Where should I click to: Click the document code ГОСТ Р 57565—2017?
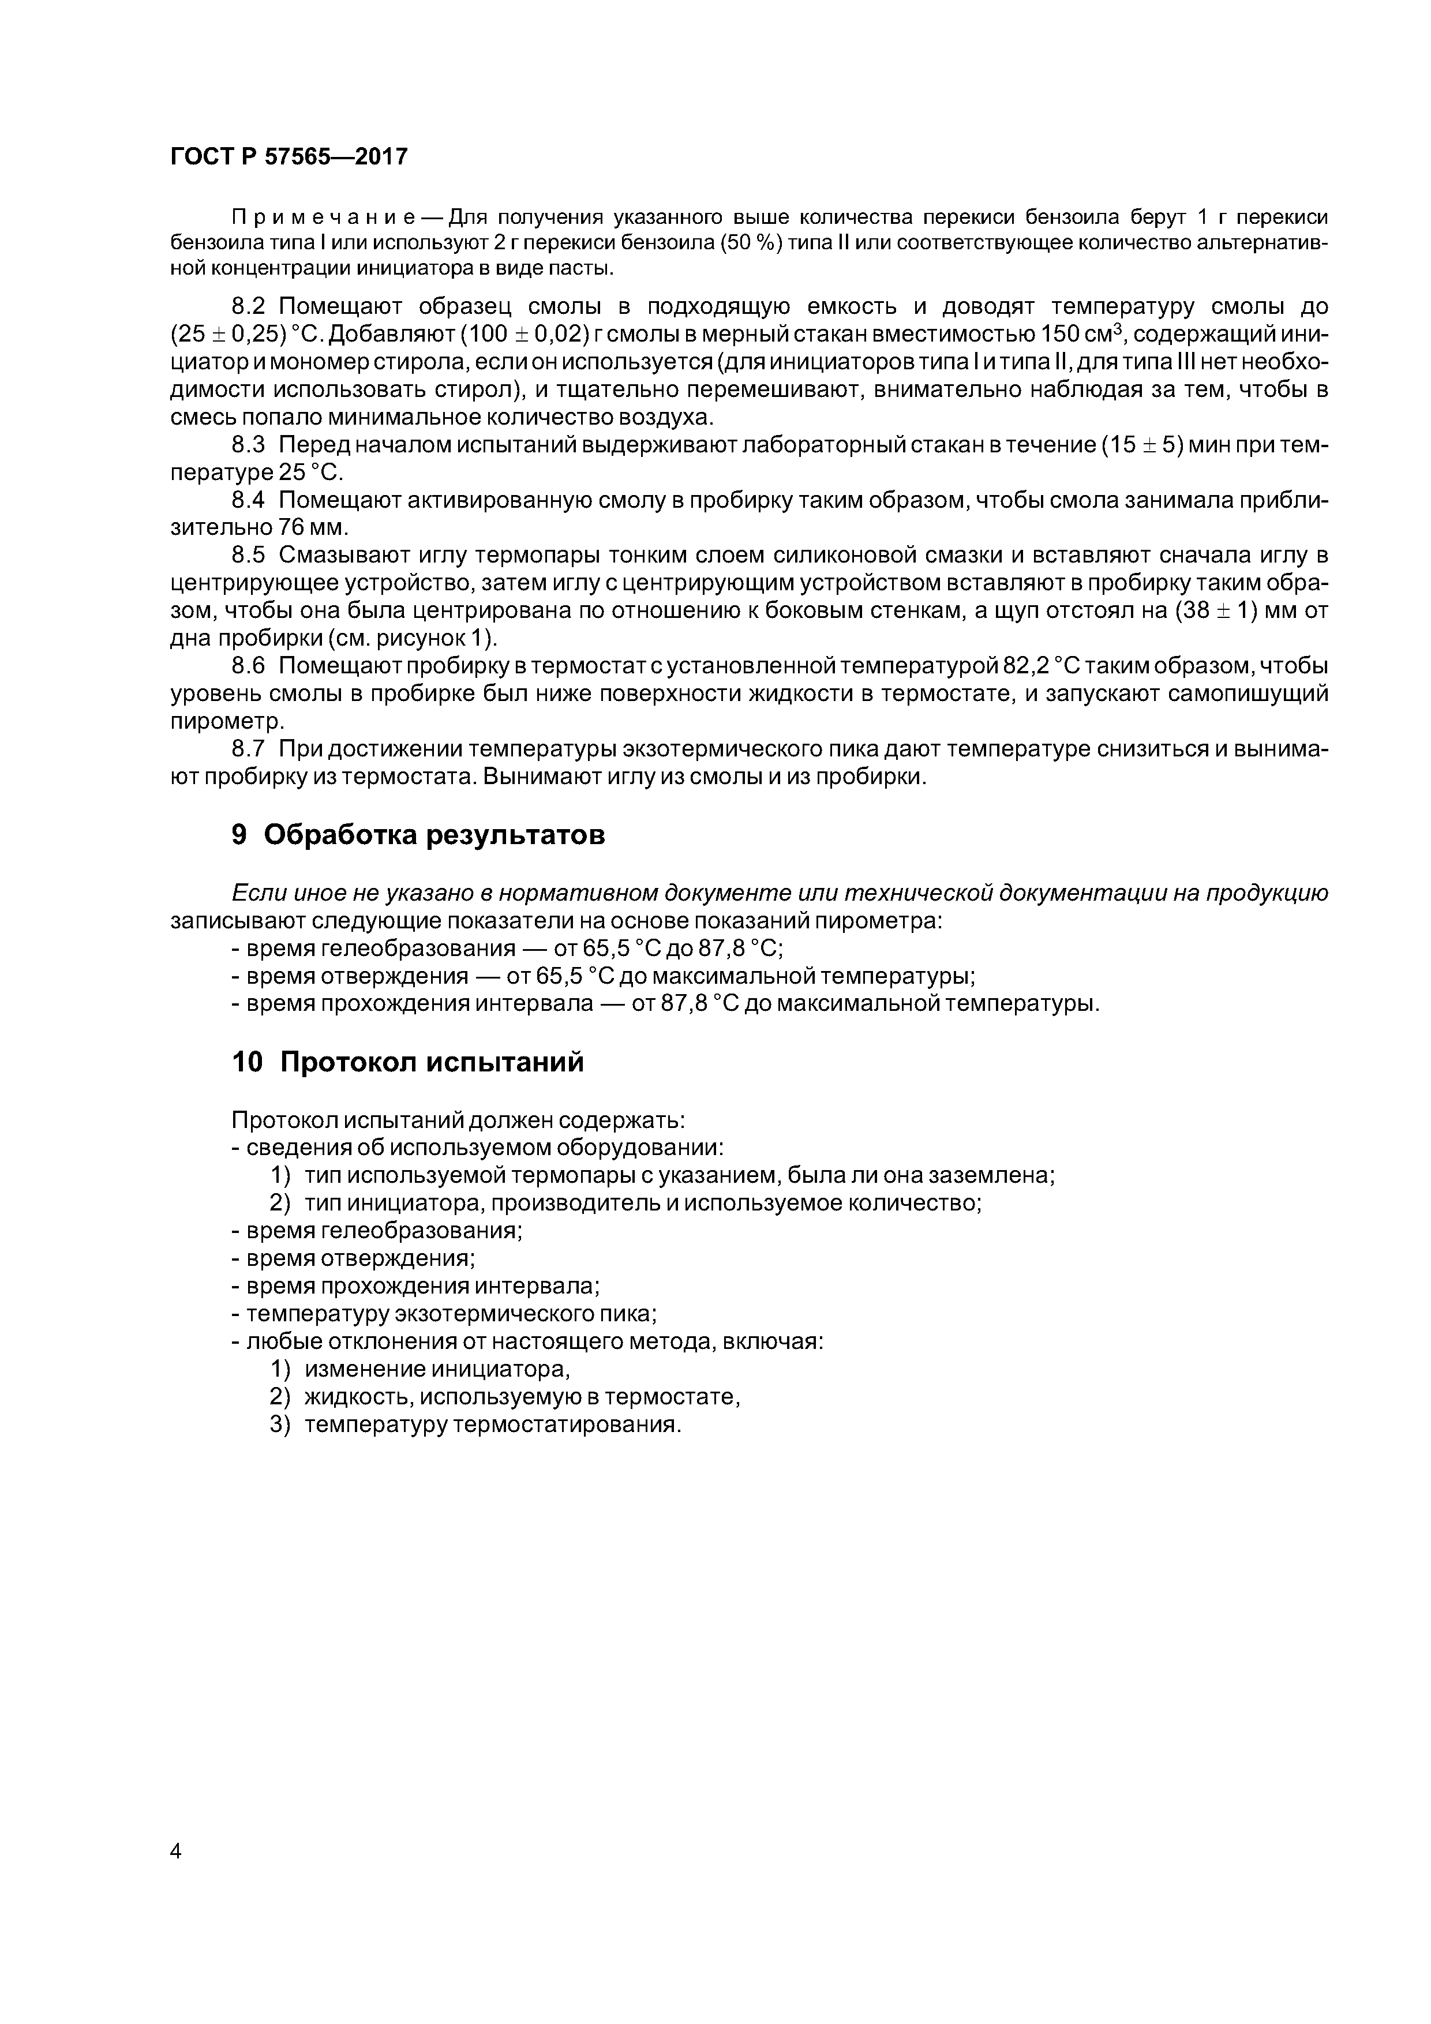pos(289,157)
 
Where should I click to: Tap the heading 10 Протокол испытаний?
pos(407,1062)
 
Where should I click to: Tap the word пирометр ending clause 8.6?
pos(227,721)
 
